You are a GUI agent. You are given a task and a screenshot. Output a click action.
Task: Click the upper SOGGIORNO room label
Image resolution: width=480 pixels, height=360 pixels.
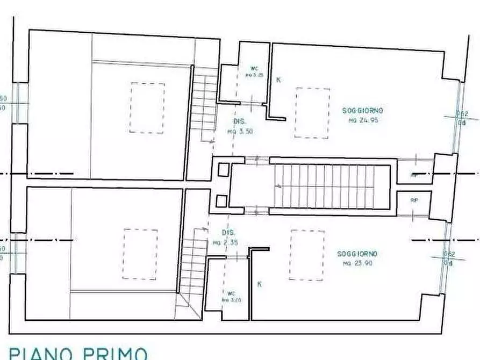point(363,111)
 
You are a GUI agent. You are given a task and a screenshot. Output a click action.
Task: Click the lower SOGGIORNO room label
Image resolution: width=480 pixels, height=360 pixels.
point(357,254)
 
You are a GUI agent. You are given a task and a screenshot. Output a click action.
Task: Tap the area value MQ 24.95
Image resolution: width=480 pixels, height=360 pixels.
point(363,120)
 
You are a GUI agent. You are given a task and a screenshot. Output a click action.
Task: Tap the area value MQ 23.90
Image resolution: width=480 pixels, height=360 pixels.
point(357,263)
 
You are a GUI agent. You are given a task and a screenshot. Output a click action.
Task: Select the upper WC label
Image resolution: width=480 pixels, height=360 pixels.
point(255,69)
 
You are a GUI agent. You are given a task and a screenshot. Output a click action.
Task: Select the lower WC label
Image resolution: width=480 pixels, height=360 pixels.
point(231,293)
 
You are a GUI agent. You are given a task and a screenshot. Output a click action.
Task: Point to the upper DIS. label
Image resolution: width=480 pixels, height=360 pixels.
point(240,122)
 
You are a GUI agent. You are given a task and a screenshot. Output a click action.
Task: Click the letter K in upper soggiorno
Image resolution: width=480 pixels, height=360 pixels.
point(278,80)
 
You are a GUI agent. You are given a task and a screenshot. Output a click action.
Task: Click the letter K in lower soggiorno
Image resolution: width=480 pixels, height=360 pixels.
point(260,284)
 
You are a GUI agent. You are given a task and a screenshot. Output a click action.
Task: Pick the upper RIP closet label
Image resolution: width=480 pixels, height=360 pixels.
point(414,175)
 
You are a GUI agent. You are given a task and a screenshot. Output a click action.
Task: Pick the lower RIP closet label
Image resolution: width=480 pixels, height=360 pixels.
point(414,200)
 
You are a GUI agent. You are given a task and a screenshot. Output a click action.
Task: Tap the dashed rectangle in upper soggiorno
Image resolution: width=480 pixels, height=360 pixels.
point(312,113)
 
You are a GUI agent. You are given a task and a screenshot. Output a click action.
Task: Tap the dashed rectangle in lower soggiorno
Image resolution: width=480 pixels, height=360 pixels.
point(307,255)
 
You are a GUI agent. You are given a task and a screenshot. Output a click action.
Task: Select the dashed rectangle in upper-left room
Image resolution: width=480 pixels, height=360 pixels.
point(147,107)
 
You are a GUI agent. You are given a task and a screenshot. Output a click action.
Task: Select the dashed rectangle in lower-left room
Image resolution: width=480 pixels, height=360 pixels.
point(140,254)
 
